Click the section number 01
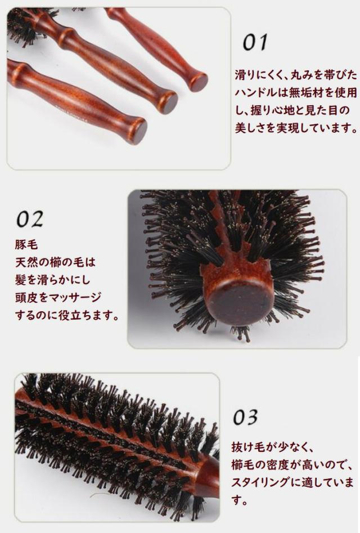click(x=255, y=43)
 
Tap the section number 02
click(x=29, y=219)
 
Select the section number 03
click(x=245, y=417)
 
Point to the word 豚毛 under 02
click(x=25, y=245)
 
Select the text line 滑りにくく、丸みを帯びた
click(x=295, y=74)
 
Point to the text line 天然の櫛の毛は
click(x=56, y=262)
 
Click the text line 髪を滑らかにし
click(x=56, y=280)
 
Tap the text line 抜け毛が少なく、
click(x=272, y=447)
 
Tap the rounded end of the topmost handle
click(x=198, y=82)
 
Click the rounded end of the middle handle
click(x=167, y=103)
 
